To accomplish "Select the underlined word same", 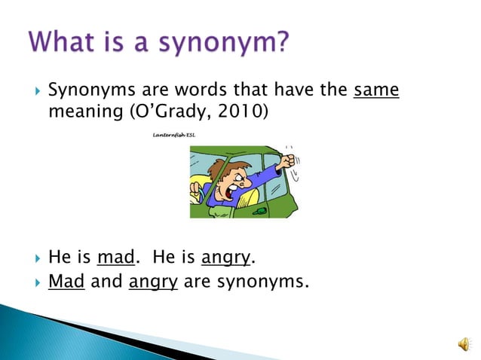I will tap(376, 91).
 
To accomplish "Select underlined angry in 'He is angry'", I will tap(226, 258).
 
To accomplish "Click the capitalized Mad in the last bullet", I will tap(66, 283).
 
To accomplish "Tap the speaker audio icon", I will tap(461, 343).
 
